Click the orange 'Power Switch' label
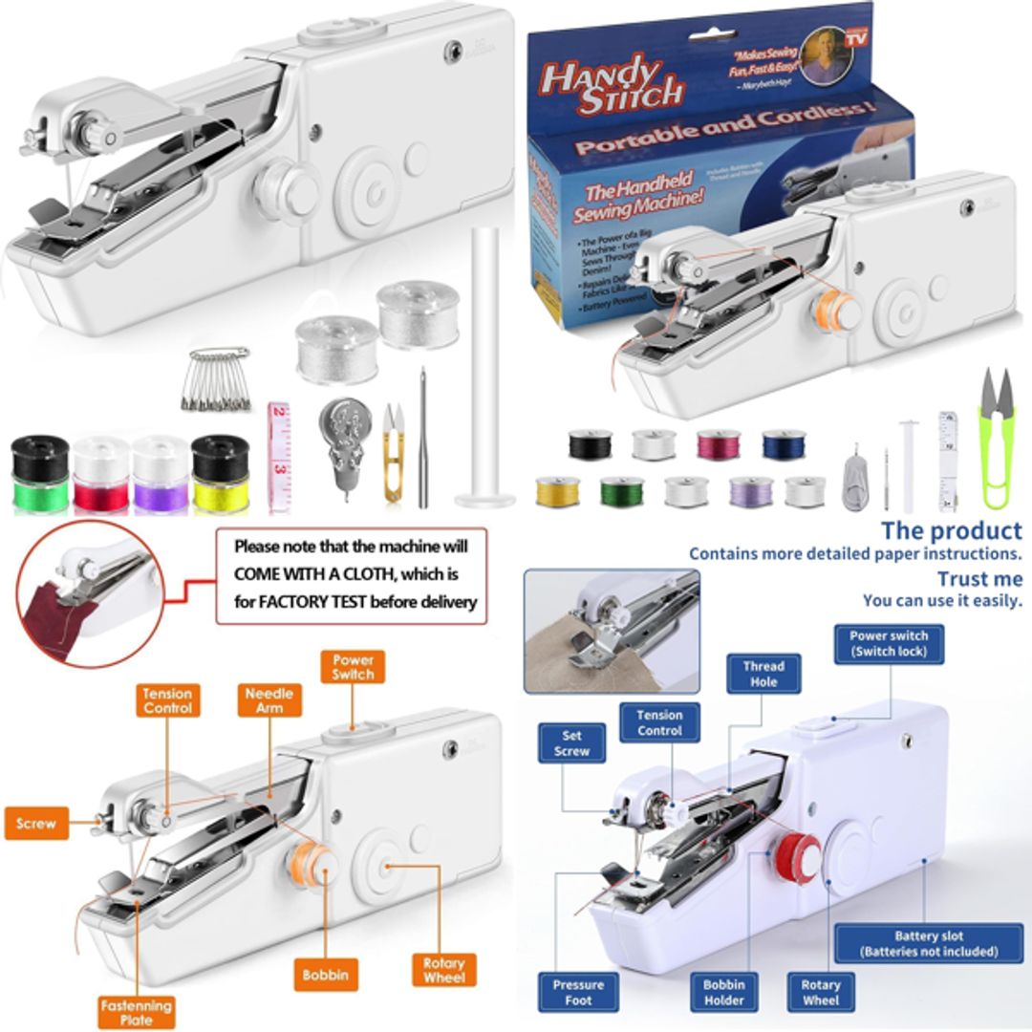(x=353, y=667)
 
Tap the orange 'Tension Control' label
(x=167, y=701)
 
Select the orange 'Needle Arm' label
(x=269, y=700)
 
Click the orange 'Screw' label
(x=36, y=823)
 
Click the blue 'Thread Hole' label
(x=763, y=674)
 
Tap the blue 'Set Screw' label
(x=571, y=743)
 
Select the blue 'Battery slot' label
(x=928, y=943)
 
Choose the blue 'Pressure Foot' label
(x=578, y=992)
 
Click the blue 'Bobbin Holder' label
(x=723, y=992)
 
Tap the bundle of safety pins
(x=219, y=379)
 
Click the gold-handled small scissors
(x=393, y=452)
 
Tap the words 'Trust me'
(x=978, y=579)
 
